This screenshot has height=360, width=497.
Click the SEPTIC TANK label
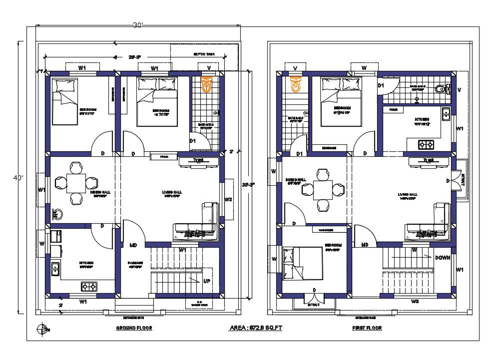[x=204, y=54]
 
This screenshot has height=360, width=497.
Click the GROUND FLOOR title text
[x=134, y=328]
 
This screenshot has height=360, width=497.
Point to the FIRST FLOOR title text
[x=367, y=328]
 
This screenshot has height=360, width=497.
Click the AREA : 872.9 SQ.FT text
[x=256, y=328]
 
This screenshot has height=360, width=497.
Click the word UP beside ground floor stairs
[x=206, y=281]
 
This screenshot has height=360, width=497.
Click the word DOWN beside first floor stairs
[x=443, y=258]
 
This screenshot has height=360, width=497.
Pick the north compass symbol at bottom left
[x=42, y=329]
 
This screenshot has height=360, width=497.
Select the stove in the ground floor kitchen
[x=89, y=287]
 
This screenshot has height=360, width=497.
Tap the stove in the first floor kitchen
[x=426, y=145]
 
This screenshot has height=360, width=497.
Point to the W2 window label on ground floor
[x=228, y=200]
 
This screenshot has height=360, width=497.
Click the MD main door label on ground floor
[x=133, y=245]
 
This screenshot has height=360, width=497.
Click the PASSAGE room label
[x=135, y=263]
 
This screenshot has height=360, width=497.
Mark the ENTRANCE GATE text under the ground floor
[x=133, y=317]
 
